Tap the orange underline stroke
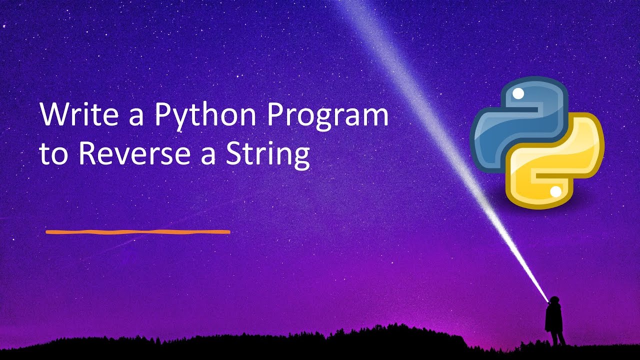click(x=137, y=232)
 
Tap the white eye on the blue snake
click(x=518, y=93)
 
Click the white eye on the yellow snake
click(x=555, y=191)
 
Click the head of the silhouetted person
click(x=553, y=300)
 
